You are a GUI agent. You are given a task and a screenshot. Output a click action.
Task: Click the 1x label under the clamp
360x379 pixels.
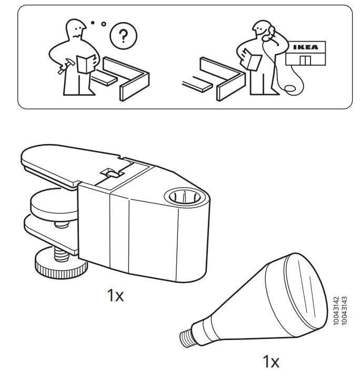[115, 296]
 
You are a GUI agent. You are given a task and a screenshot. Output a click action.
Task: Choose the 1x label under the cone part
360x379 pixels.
[271, 362]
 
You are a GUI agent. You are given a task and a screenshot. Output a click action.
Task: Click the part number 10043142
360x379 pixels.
[337, 311]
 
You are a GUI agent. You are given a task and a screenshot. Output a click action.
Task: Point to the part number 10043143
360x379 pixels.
[345, 311]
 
